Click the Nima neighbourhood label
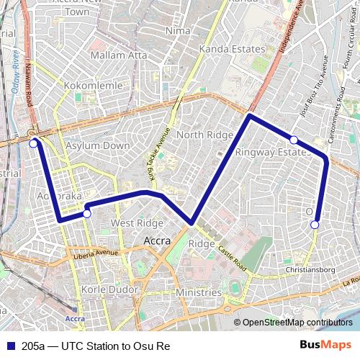[178, 31]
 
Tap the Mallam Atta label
[119, 55]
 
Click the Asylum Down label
[98, 145]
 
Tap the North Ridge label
[200, 135]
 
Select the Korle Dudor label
[106, 289]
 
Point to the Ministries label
[198, 293]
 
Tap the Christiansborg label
[310, 270]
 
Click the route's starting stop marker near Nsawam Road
[33, 143]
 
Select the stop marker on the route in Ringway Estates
[294, 139]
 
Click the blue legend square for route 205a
[9, 346]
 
